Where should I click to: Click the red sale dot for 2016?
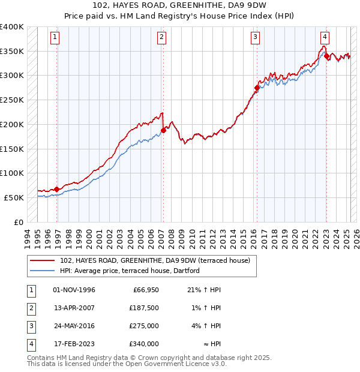pyautogui.click(x=257, y=88)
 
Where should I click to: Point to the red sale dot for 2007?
pyautogui.click(x=163, y=130)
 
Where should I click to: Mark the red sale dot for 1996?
pyautogui.click(x=57, y=189)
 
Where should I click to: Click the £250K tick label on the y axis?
pyautogui.click(x=12, y=100)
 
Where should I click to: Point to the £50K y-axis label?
pyautogui.click(x=14, y=197)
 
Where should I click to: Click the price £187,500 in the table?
pyautogui.click(x=144, y=308)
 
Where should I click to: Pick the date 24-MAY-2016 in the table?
pyautogui.click(x=74, y=326)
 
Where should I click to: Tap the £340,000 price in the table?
pyautogui.click(x=144, y=344)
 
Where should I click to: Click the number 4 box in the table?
pyautogui.click(x=31, y=344)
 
